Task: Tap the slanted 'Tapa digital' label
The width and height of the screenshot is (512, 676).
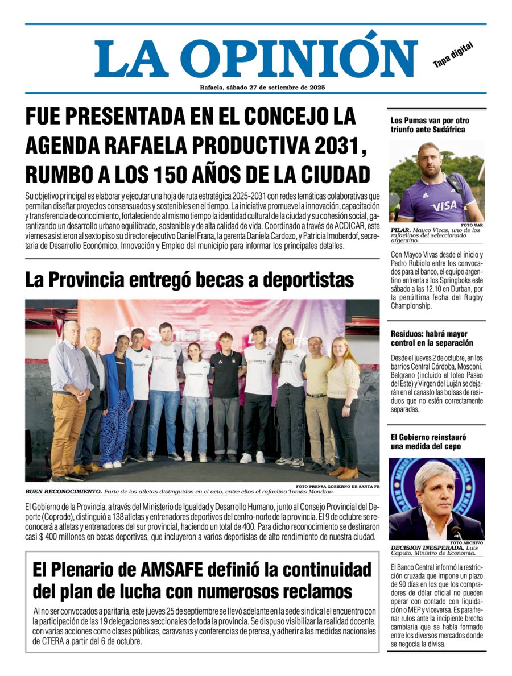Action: (453, 55)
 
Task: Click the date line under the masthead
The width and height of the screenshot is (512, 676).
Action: (262, 88)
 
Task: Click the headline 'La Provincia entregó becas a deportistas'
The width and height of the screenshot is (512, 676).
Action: (189, 280)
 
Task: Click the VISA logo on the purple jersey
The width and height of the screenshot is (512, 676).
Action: (444, 206)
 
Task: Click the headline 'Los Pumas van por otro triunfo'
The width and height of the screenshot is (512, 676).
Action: (430, 125)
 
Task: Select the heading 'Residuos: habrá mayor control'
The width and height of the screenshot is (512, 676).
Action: (431, 338)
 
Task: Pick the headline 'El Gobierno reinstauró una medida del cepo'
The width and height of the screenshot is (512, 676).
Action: (426, 442)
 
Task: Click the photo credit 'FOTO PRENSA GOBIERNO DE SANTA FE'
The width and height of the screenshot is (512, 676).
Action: (337, 486)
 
